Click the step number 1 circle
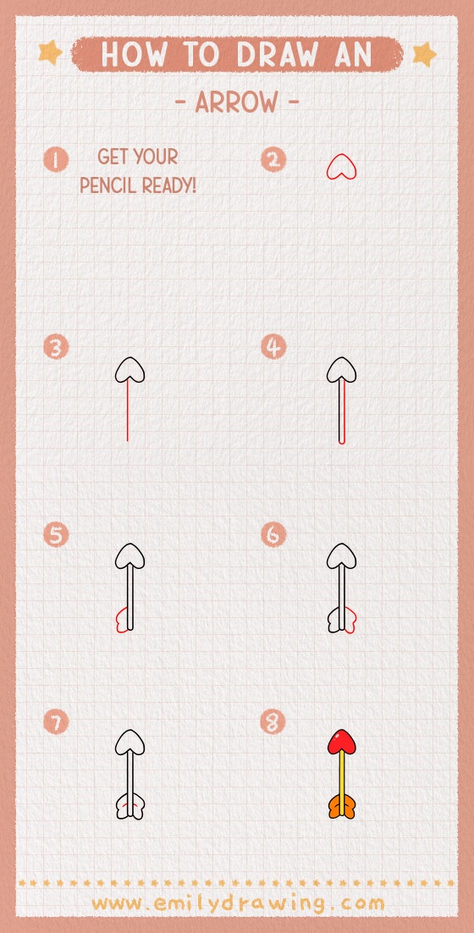[x=56, y=159]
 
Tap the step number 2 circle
[x=273, y=159]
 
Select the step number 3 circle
[x=56, y=347]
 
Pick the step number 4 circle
[x=273, y=347]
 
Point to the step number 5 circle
[x=56, y=535]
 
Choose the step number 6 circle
[x=273, y=535]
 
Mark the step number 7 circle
[x=56, y=722]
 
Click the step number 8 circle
[x=273, y=722]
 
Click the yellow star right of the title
[x=423, y=55]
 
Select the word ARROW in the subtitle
[x=236, y=103]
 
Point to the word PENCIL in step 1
[x=110, y=185]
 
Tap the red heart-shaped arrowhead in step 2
[x=342, y=167]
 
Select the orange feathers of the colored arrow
[x=341, y=807]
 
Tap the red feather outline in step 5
[x=120, y=621]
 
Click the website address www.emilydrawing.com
[x=238, y=903]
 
